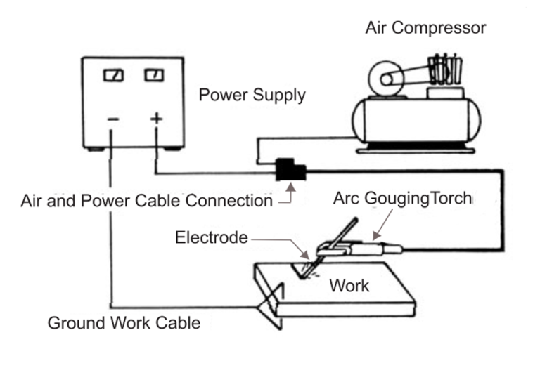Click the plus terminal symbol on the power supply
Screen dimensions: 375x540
(156, 118)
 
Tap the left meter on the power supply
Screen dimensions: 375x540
(113, 75)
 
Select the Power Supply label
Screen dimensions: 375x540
(252, 95)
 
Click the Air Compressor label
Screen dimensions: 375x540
(425, 28)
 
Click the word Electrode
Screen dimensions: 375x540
(211, 237)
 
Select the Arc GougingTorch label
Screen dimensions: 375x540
(401, 199)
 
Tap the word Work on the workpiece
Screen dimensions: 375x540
(349, 286)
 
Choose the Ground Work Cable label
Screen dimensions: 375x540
(124, 324)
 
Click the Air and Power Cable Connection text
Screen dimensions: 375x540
(146, 201)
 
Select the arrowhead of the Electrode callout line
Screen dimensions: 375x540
(304, 256)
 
